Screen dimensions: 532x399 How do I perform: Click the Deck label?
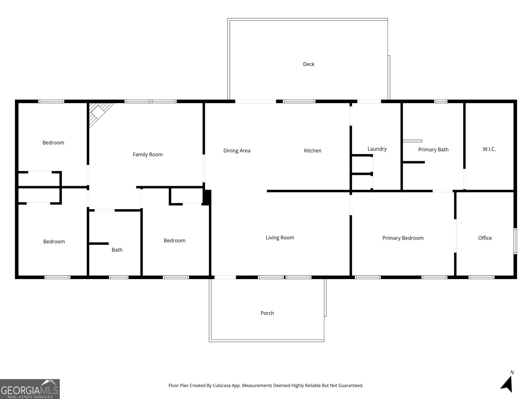point(309,64)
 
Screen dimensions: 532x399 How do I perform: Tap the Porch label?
point(267,313)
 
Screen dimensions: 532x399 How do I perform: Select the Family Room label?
point(148,155)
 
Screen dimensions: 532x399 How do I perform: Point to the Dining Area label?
point(236,151)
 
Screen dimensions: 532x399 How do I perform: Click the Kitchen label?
point(313,151)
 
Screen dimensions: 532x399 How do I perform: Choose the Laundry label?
point(377,149)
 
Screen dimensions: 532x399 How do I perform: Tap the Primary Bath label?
point(433,150)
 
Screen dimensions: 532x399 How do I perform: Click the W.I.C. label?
point(489,149)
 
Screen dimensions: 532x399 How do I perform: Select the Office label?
point(485,238)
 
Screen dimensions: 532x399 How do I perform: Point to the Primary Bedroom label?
point(403,238)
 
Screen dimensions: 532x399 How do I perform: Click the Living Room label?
point(280,238)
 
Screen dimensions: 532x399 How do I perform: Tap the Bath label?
point(117,250)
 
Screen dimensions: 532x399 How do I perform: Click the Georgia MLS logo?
point(30,389)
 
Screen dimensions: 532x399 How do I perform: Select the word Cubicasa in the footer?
point(221,385)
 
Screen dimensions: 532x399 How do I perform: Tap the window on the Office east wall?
point(515,241)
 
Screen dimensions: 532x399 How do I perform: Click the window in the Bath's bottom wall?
point(118,277)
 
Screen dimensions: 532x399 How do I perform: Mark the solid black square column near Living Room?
point(207,198)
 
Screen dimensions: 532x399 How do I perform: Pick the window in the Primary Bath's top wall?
point(441,101)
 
